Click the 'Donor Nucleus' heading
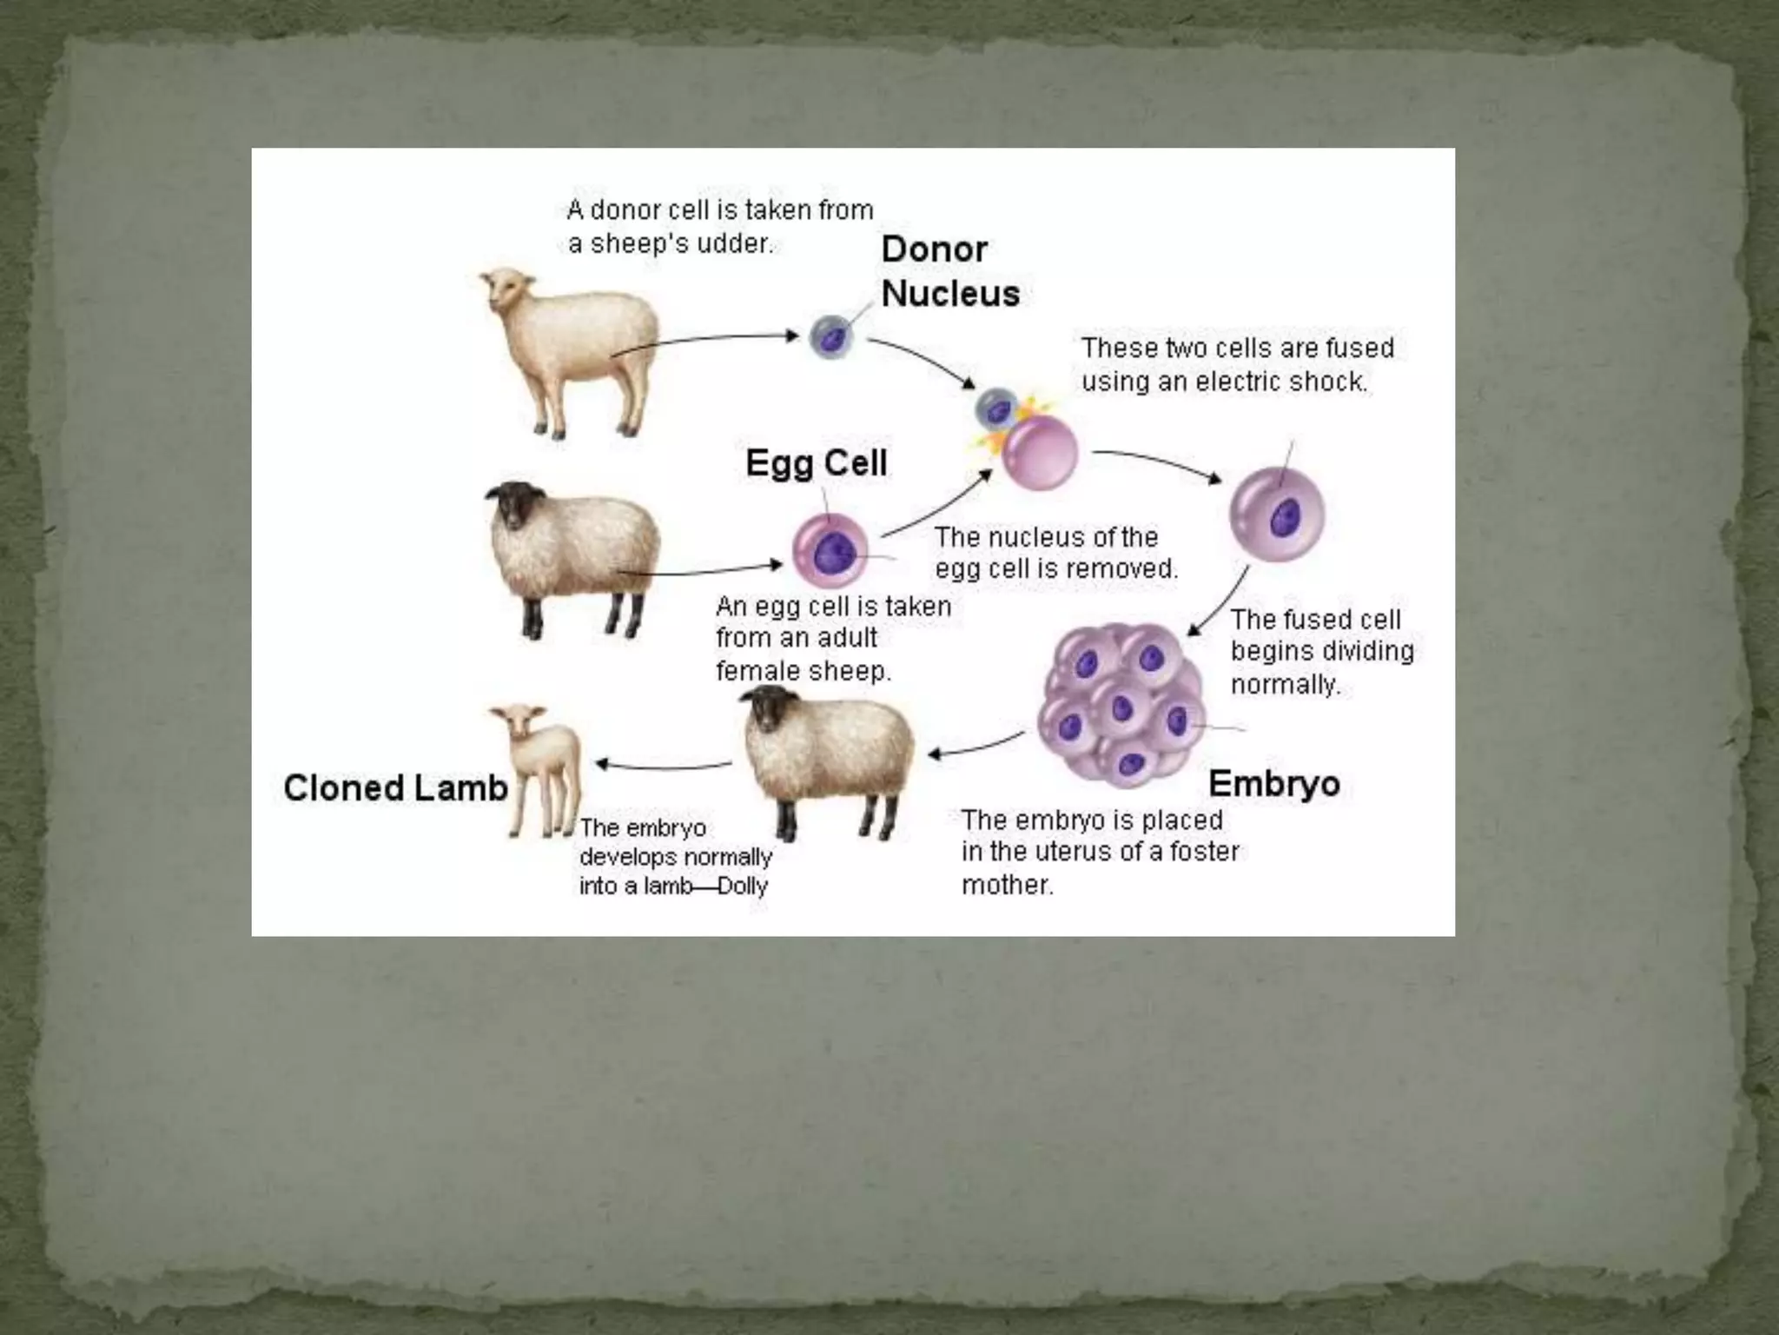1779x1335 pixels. [949, 271]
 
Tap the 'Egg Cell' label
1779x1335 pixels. [816, 462]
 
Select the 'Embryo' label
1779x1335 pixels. [1273, 784]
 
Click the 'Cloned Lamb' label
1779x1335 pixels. [395, 788]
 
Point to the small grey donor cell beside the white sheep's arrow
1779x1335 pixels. [831, 337]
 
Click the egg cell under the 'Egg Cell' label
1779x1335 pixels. [830, 551]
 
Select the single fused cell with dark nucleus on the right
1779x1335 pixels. [1276, 515]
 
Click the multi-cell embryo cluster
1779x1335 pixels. [1121, 706]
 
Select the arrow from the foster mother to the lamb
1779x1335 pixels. [665, 766]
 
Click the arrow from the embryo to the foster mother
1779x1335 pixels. [977, 746]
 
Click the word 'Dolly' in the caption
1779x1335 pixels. [743, 887]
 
